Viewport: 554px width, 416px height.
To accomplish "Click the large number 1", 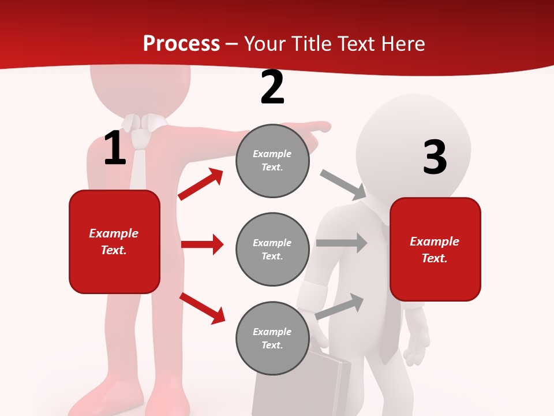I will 115,148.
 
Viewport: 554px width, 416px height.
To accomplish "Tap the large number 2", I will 272,88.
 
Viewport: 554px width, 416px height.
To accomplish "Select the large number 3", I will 435,158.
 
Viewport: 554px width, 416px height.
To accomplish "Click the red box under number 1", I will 114,242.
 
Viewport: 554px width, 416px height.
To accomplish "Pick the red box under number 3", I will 435,250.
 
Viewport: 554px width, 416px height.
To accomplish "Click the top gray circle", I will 272,161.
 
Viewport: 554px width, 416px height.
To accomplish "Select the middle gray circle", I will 272,250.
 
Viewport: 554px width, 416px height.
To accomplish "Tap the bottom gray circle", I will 272,339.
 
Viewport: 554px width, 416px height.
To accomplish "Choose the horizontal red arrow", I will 202,244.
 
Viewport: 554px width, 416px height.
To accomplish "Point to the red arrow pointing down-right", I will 202,308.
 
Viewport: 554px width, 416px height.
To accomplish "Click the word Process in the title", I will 181,43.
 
